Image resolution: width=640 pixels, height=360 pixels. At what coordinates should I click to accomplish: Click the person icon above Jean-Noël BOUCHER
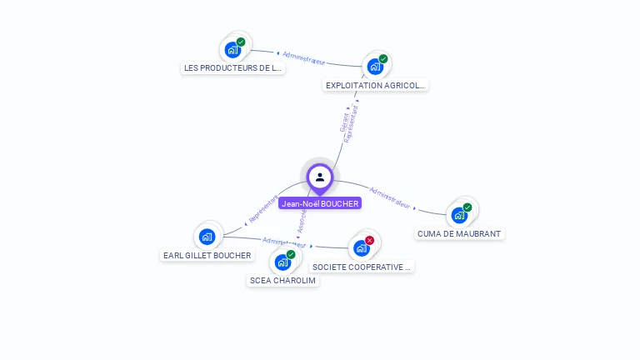tap(320, 177)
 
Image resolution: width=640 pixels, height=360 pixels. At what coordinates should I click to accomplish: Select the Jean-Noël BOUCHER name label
tap(320, 203)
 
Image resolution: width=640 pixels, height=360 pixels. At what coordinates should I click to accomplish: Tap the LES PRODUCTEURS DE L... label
tap(233, 68)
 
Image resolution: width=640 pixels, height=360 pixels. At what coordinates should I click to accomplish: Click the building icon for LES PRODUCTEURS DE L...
tap(232, 50)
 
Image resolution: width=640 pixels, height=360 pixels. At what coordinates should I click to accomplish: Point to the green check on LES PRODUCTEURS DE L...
tap(241, 42)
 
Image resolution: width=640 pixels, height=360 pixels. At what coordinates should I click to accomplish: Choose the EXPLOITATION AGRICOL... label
tap(376, 85)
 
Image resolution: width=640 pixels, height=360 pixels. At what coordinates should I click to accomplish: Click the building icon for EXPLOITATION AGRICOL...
tap(375, 67)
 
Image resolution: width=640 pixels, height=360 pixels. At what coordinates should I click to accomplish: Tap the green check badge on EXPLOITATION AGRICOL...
tap(383, 58)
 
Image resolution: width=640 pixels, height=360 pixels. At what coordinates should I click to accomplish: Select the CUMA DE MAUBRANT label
tap(459, 234)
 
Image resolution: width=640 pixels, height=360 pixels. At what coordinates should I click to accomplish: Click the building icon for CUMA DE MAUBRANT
tap(459, 215)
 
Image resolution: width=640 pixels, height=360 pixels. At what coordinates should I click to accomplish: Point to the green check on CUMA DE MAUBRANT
tap(467, 207)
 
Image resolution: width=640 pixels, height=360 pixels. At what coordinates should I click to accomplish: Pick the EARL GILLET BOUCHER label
tap(207, 255)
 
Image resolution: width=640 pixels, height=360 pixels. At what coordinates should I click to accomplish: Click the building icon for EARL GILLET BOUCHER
tap(207, 237)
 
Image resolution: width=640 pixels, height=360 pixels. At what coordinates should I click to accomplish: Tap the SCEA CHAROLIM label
tap(283, 281)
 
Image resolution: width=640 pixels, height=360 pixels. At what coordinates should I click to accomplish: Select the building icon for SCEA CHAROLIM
tap(282, 262)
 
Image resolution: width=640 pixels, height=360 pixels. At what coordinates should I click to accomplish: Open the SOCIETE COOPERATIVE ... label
tap(362, 267)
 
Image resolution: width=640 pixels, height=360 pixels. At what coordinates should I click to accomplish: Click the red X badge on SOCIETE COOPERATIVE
tap(369, 240)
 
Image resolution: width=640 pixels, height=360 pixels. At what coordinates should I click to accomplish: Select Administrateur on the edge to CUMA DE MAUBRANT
tap(390, 197)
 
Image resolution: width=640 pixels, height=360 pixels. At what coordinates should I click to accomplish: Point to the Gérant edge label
tap(344, 122)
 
